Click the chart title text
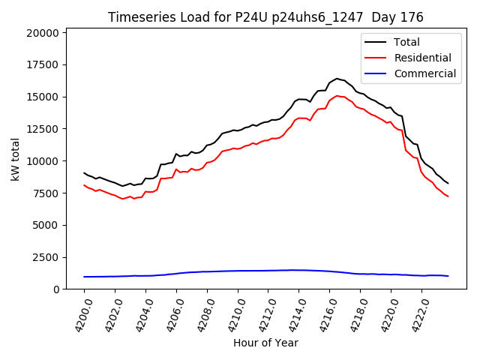265,17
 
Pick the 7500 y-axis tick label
46,193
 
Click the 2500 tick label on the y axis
46,257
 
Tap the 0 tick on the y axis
56,289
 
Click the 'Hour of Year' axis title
265,343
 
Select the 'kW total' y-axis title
15,160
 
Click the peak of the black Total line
337,78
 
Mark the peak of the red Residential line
337,96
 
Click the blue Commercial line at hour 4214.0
298,270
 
